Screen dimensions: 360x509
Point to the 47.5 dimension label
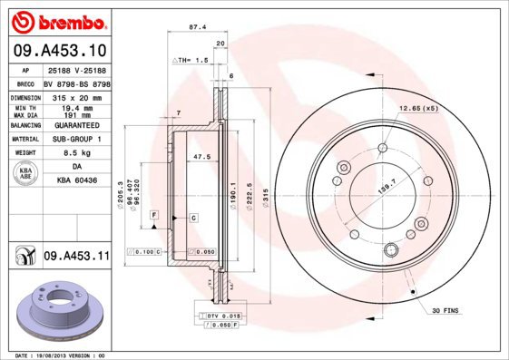tap(201, 156)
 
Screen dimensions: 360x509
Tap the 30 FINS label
tap(447, 312)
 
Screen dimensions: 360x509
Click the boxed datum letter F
tap(155, 213)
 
